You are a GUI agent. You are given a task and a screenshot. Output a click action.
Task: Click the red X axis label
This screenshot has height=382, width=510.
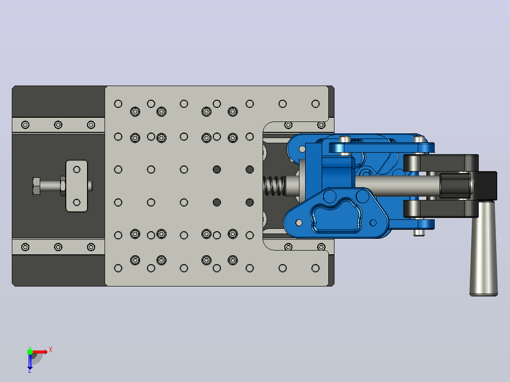51,350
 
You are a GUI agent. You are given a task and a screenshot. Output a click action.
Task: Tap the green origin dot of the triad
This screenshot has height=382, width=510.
30,352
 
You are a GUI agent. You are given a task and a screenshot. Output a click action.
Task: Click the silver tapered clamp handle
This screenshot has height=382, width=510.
484,249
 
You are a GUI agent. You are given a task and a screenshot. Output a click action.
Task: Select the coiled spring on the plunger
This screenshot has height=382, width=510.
274,186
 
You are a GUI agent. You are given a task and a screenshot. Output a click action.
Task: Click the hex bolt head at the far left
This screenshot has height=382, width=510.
36,186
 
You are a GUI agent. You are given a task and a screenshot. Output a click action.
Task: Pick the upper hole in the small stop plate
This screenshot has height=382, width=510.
77,169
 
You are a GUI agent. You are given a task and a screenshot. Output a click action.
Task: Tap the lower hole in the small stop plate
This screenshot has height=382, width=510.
77,202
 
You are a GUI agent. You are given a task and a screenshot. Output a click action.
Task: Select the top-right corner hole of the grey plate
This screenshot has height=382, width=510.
315,104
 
